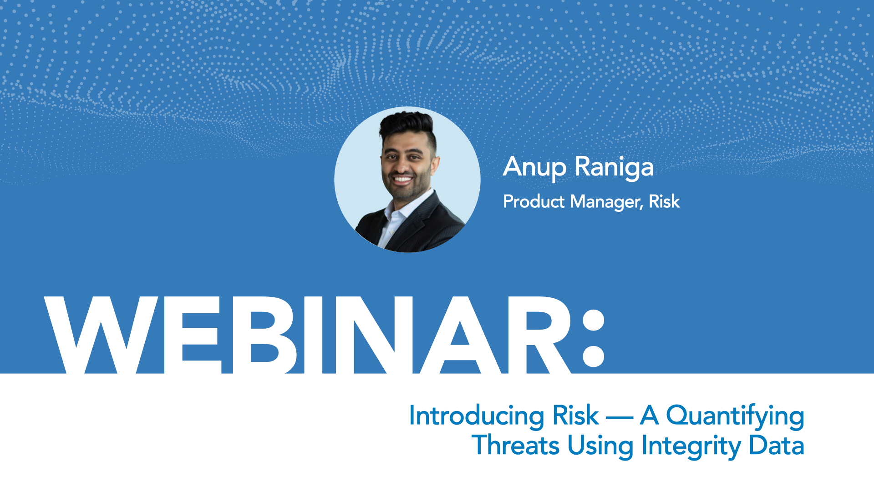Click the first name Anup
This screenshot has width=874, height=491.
coord(535,167)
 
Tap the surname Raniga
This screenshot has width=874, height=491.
coord(614,167)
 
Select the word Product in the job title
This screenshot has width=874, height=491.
coord(534,201)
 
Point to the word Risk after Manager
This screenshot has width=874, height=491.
coord(664,201)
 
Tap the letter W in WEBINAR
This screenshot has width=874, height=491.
coord(101,335)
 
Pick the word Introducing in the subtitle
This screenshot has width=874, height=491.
coord(477,416)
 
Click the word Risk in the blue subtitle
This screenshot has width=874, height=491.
coord(575,415)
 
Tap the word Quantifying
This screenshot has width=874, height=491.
coord(735,416)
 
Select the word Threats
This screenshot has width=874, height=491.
coord(516,445)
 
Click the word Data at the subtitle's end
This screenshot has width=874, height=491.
coord(777,445)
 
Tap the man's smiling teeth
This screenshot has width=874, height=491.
coord(402,179)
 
